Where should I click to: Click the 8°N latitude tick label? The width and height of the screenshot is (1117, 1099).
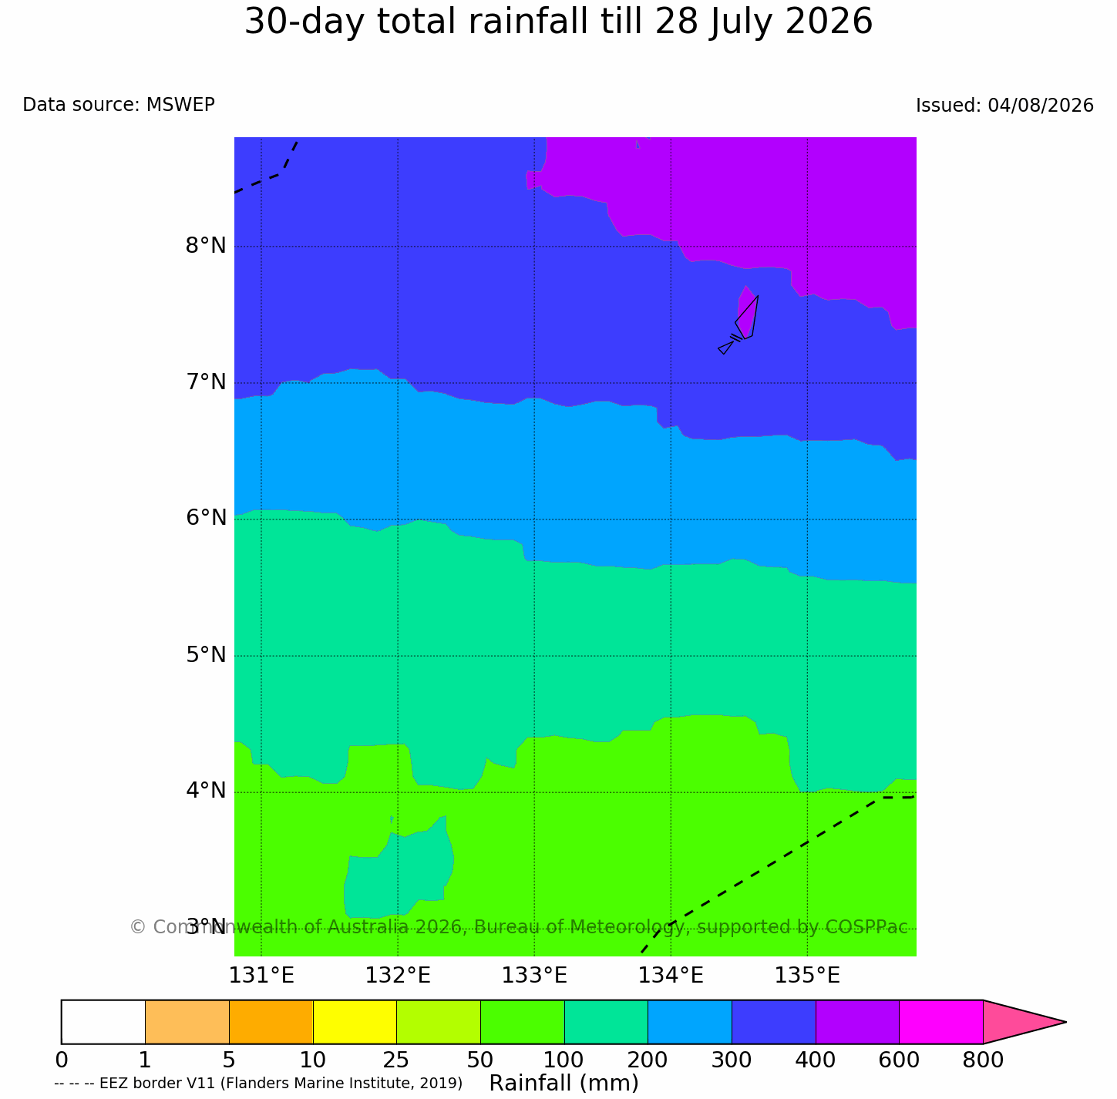pyautogui.click(x=205, y=246)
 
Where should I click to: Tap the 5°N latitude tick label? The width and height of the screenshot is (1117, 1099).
pyautogui.click(x=205, y=655)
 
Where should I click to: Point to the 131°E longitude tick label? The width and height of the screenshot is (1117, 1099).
pyautogui.click(x=261, y=976)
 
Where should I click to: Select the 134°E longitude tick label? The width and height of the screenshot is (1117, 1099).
pyautogui.click(x=670, y=976)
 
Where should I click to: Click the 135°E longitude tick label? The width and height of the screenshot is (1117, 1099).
pyautogui.click(x=807, y=976)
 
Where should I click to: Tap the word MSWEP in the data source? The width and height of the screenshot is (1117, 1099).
pyautogui.click(x=180, y=104)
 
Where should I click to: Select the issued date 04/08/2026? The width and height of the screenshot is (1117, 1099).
pyautogui.click(x=1040, y=105)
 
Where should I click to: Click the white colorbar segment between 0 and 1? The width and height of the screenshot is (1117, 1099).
pyautogui.click(x=103, y=1022)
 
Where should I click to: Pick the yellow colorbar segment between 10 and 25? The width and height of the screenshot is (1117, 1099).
pyautogui.click(x=355, y=1022)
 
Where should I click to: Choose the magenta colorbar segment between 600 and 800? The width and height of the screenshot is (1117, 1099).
pyautogui.click(x=940, y=1022)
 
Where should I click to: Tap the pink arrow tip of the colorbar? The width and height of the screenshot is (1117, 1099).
pyautogui.click(x=1065, y=1022)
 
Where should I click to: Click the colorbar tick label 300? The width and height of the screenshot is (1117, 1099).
pyautogui.click(x=731, y=1060)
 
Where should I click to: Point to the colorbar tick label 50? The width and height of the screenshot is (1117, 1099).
pyautogui.click(x=480, y=1060)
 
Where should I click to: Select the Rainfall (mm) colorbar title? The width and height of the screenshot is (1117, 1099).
pyautogui.click(x=564, y=1083)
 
